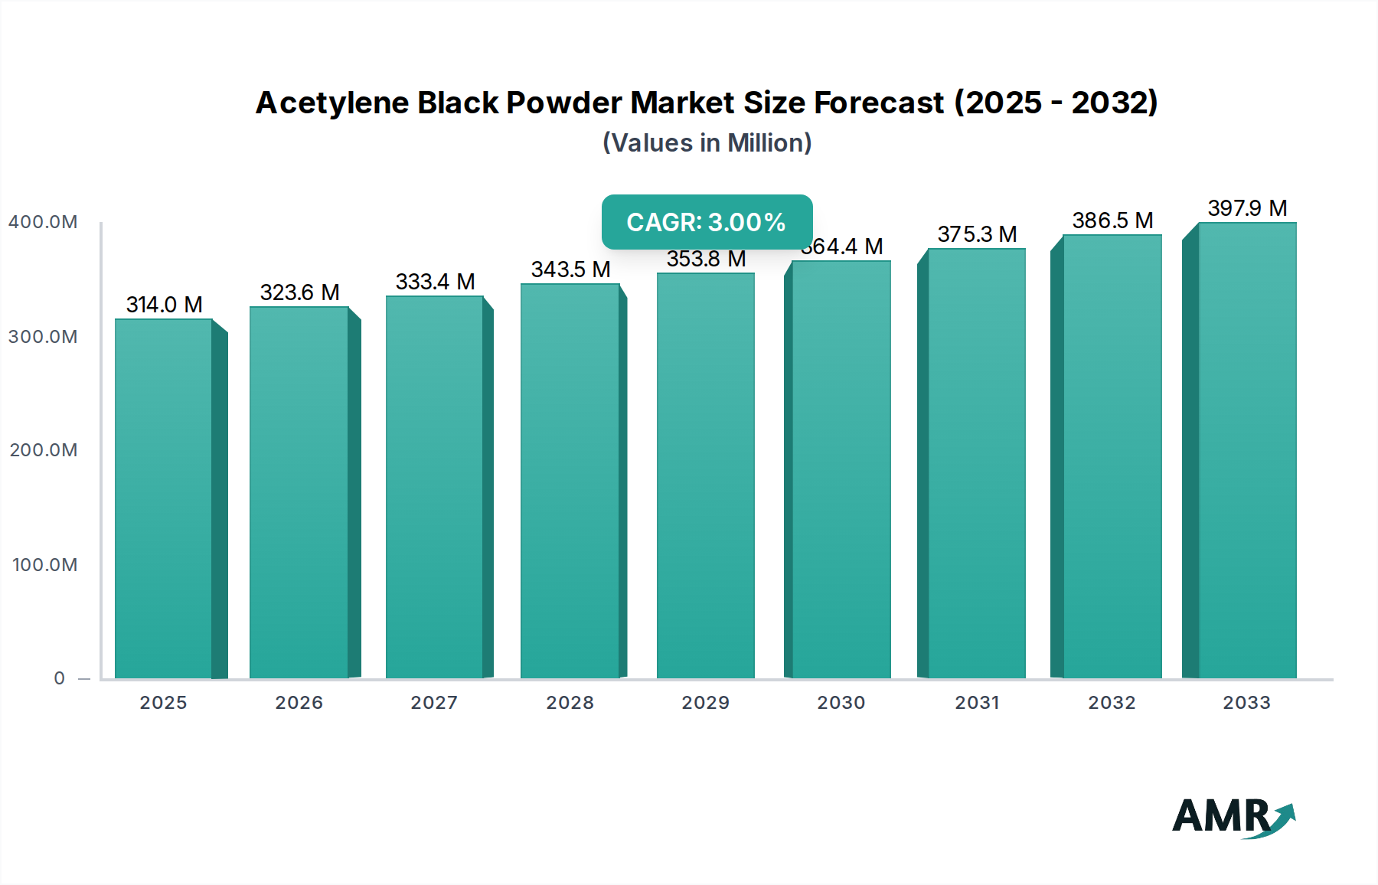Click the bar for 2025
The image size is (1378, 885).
click(164, 498)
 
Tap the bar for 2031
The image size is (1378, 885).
click(977, 463)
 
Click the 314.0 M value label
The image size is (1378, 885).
click(164, 305)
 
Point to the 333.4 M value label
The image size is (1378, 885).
click(435, 282)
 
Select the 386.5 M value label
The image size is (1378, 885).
click(1112, 220)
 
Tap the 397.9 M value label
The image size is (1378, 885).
click(1247, 208)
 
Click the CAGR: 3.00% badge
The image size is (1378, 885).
click(707, 222)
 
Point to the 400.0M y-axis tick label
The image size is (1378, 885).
click(43, 222)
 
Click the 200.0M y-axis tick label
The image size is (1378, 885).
click(44, 450)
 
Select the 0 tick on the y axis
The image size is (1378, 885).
click(60, 678)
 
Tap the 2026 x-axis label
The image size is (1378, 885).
click(299, 703)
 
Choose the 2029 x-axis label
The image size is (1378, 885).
click(706, 703)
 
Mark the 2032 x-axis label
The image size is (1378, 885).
click(1112, 703)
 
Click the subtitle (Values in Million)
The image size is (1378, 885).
click(707, 143)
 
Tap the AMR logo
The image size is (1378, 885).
click(1233, 817)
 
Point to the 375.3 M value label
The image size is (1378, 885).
click(977, 234)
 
